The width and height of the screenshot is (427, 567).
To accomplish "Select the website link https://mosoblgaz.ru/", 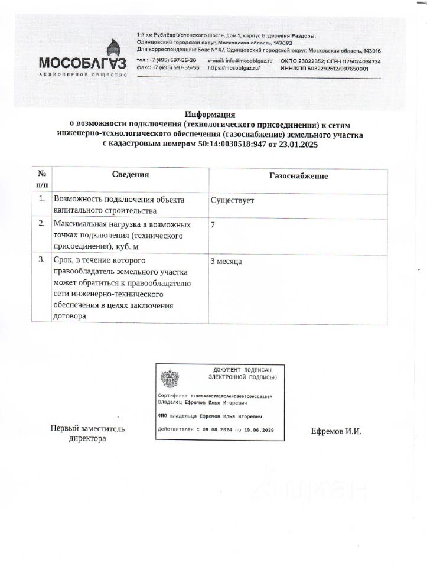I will point(234,68).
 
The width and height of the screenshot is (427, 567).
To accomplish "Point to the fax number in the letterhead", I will point(168,68).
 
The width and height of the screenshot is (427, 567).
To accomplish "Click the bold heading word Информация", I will point(210,114).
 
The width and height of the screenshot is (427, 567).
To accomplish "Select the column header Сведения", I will point(131,175).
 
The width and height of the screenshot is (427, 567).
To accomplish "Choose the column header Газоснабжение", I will point(298,176).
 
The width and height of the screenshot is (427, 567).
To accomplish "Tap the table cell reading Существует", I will point(232,200).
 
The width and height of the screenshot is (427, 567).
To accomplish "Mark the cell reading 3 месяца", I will point(226,261).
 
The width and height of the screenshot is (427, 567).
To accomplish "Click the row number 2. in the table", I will point(42,224).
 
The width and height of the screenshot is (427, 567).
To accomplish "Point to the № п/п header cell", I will point(41,180).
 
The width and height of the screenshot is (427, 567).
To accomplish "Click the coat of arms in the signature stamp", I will point(171,377).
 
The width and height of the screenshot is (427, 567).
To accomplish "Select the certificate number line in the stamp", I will point(215,395).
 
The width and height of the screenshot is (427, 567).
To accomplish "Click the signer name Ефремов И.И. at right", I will point(336,431).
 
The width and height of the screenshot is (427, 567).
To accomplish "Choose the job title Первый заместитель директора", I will point(87,434).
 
